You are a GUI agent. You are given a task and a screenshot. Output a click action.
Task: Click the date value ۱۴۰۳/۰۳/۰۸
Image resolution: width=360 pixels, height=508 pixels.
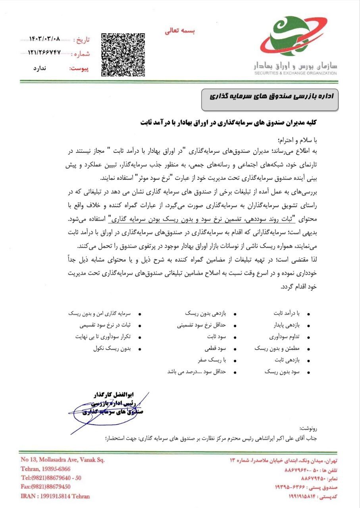click(45, 39)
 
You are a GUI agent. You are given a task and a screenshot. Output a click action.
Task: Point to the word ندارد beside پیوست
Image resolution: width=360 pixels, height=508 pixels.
click(39, 68)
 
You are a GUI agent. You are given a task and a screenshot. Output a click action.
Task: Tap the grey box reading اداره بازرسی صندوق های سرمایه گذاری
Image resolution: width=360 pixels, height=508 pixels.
click(270, 96)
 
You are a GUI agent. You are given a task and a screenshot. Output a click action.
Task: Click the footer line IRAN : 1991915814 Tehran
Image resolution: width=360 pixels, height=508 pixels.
click(55, 496)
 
